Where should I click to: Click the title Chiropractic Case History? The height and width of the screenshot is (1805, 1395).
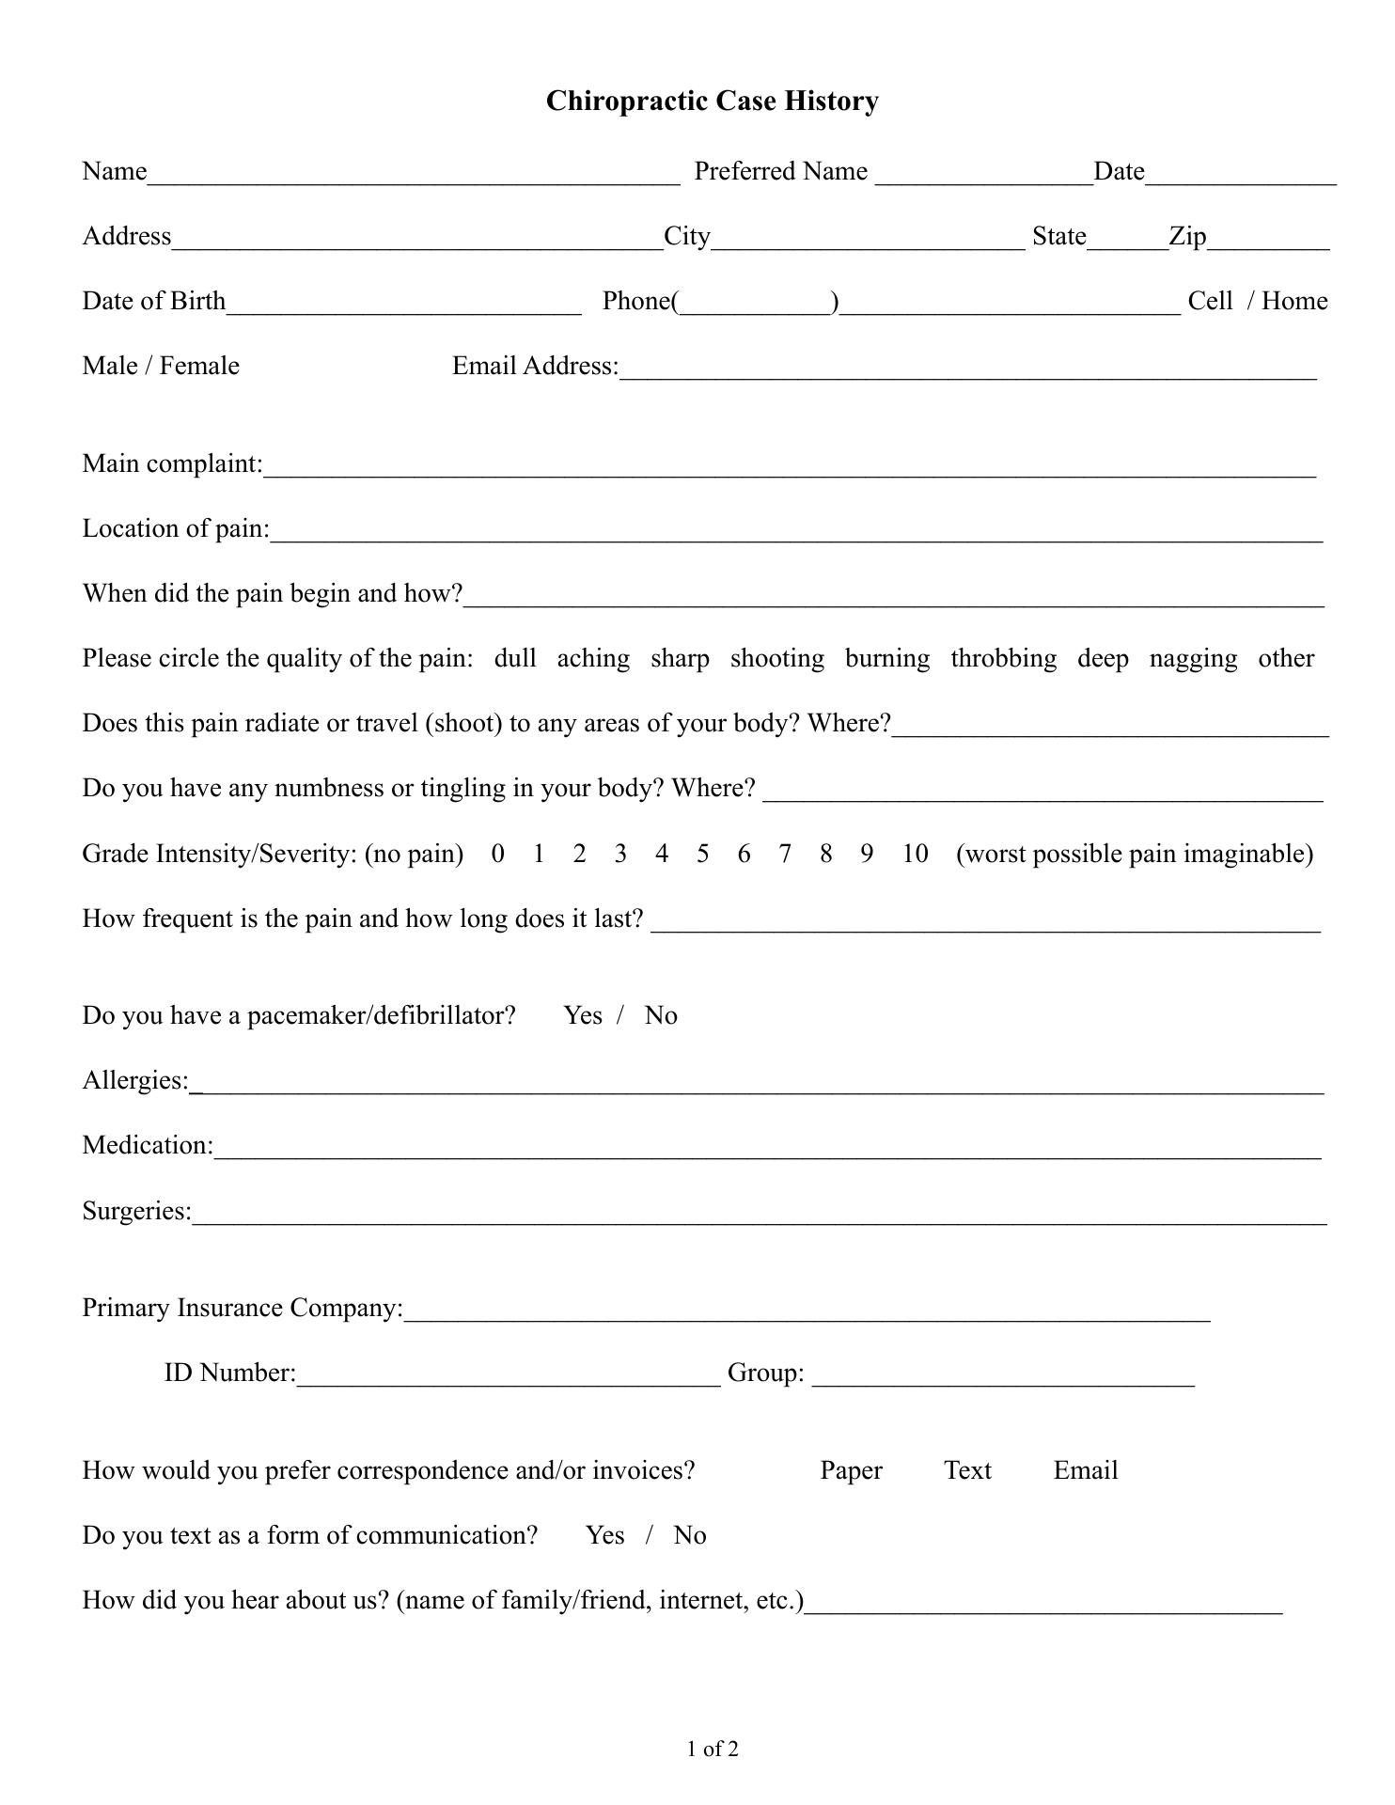712,102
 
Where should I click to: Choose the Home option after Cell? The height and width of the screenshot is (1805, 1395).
1294,301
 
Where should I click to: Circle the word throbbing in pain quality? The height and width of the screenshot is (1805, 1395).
1003,658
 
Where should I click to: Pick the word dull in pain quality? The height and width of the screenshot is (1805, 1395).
515,658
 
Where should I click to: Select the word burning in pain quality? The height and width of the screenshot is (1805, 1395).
886,658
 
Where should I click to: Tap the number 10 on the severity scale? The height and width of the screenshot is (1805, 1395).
915,854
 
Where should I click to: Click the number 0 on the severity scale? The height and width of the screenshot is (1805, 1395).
497,854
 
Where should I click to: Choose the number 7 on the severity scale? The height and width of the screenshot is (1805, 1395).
784,854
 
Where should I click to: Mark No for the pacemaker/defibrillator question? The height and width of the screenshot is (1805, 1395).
661,1015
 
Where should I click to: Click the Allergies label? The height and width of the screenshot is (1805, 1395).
135,1080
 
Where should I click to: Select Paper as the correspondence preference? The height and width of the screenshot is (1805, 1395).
851,1470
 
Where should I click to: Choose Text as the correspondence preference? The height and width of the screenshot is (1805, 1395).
967,1470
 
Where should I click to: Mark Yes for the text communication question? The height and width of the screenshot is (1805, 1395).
604,1535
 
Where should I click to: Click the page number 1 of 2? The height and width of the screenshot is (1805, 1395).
713,1750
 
